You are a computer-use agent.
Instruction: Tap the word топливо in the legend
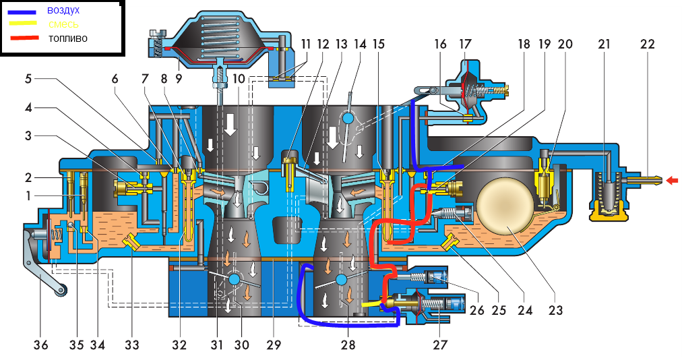(67, 38)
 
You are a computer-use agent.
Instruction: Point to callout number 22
(647, 44)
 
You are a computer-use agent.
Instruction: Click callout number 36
(41, 345)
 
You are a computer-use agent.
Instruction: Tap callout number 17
(466, 44)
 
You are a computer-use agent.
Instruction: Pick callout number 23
(555, 311)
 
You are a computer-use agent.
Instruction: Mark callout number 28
(348, 345)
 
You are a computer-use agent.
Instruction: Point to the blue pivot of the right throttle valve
(341, 279)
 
